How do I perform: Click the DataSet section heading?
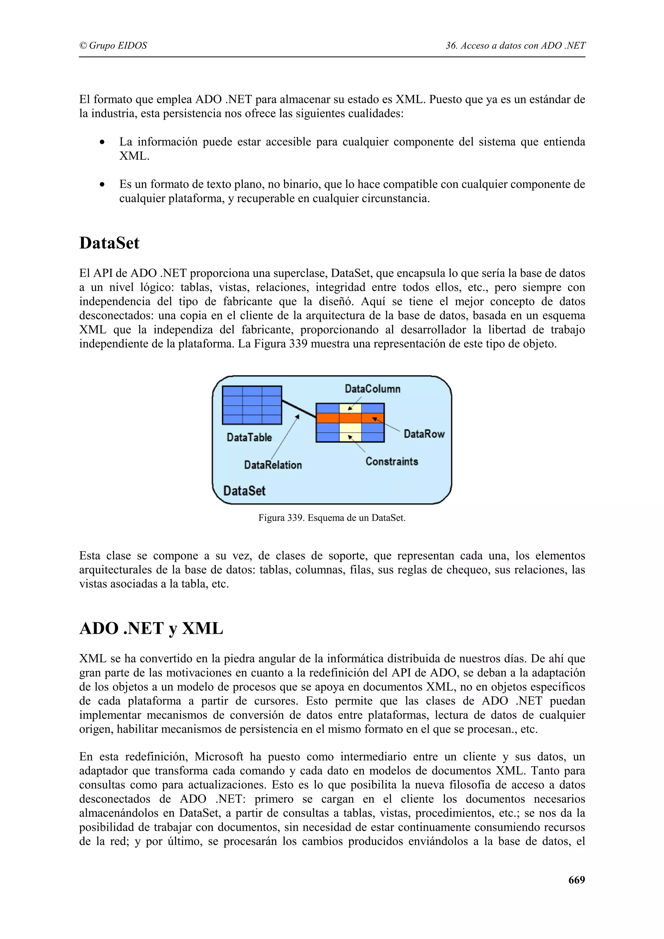[x=109, y=243]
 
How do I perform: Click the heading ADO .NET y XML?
[x=151, y=629]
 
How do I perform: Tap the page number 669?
[x=576, y=880]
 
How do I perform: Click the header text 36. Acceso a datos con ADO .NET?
[x=516, y=45]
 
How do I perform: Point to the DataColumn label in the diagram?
[x=372, y=388]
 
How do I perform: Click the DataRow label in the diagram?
[x=424, y=434]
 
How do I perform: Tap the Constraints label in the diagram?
[x=392, y=461]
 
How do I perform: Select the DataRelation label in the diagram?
[x=273, y=465]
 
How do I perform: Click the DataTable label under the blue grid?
[x=249, y=438]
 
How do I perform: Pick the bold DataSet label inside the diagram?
[x=244, y=491]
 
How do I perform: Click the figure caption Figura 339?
[x=332, y=518]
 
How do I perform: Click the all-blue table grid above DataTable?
[x=252, y=405]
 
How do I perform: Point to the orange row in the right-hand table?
[x=350, y=418]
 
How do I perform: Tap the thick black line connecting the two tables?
[x=299, y=409]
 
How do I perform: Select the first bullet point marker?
[x=102, y=142]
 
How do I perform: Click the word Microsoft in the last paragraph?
[x=219, y=757]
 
